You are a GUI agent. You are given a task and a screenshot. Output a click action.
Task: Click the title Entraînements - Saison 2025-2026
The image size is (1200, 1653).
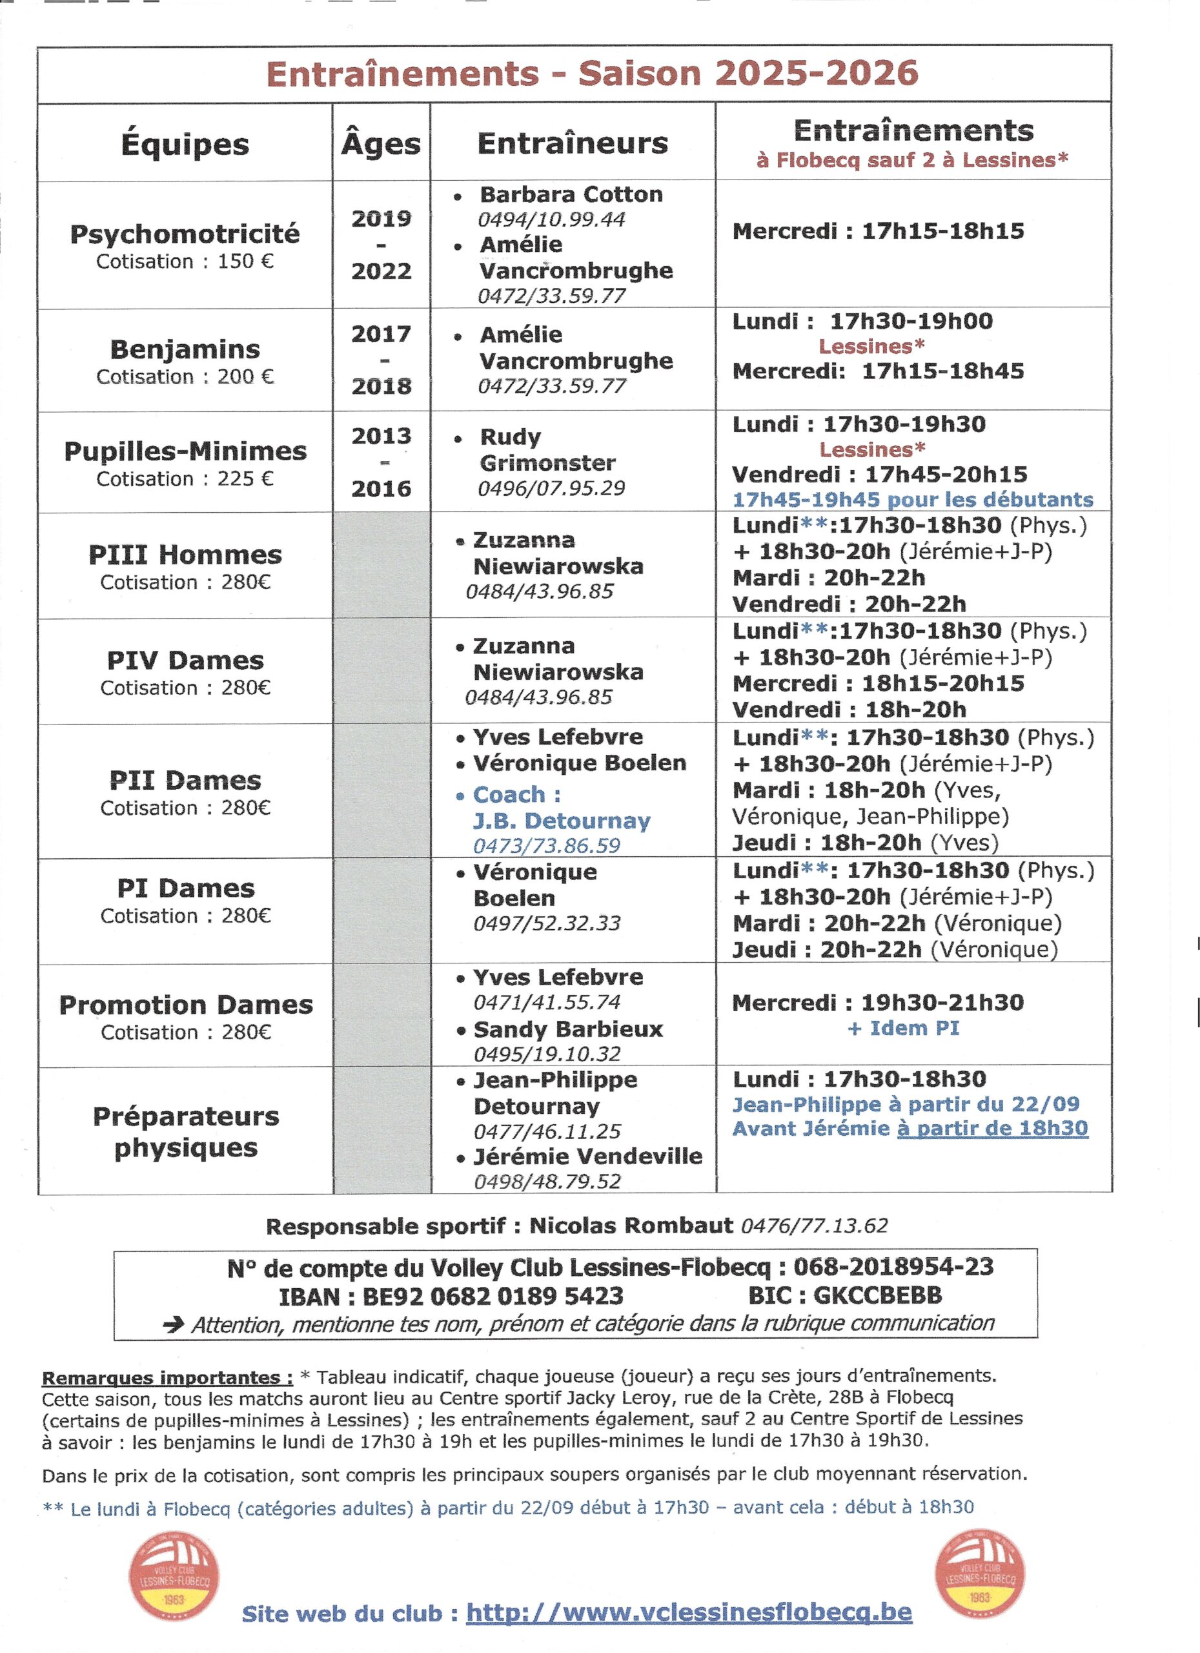(592, 74)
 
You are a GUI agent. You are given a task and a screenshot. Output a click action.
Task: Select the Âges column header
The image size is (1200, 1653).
(381, 143)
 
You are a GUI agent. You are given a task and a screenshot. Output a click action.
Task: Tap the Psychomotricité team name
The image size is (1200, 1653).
(185, 234)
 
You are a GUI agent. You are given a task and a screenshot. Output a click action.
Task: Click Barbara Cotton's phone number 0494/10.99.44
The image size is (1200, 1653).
(551, 220)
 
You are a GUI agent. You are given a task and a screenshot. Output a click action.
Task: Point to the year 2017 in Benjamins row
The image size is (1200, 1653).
(381, 334)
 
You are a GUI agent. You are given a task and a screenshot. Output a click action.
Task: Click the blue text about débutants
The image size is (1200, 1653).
(912, 499)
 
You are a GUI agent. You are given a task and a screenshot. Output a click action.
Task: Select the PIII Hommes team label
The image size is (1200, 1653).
(185, 555)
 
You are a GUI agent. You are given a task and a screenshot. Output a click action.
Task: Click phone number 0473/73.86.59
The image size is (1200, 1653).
(547, 845)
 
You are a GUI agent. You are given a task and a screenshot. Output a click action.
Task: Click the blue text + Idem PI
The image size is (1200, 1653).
(904, 1028)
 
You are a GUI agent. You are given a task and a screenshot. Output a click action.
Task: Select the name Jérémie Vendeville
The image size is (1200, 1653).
(587, 1156)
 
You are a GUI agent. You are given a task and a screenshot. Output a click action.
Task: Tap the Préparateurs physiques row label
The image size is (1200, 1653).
(186, 1132)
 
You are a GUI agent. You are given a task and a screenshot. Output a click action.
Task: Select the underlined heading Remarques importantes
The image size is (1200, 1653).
(167, 1377)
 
